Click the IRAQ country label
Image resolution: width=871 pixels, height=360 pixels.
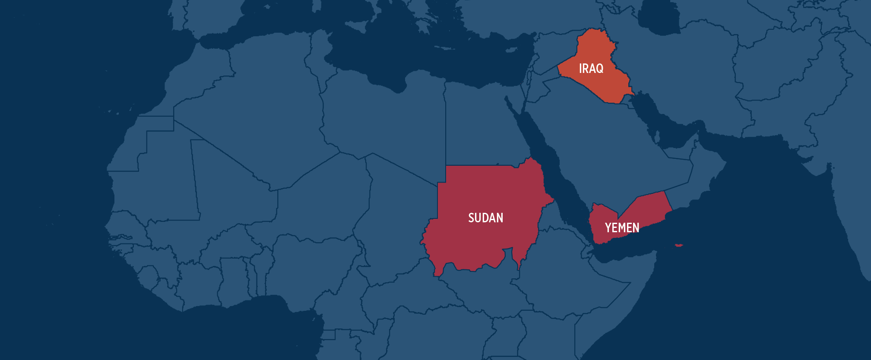(591, 68)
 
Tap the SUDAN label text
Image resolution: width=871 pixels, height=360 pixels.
(485, 218)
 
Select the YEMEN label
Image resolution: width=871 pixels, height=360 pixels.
(622, 227)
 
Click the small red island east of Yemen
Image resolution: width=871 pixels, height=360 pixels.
(679, 245)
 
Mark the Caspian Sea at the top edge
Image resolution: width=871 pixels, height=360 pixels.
(659, 17)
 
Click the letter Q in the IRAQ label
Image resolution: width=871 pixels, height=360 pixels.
(600, 69)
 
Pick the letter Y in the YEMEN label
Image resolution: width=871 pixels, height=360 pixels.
(608, 227)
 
